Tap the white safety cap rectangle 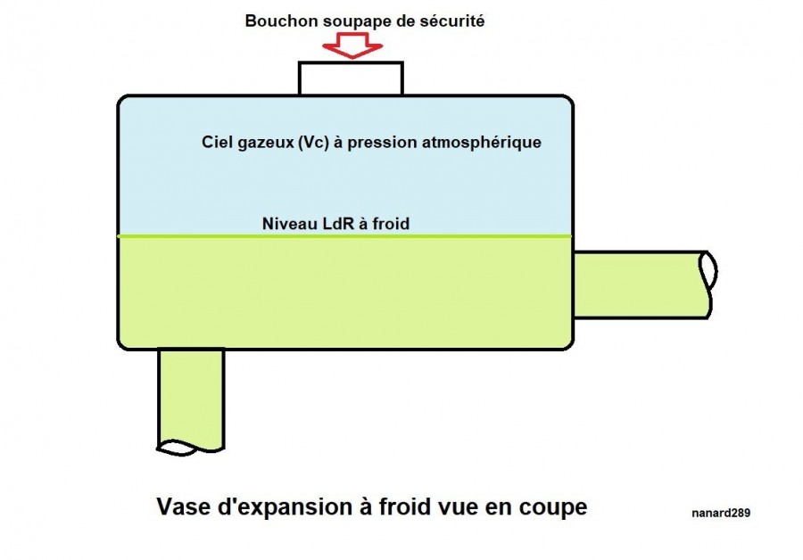coord(350,78)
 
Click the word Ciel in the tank coord(218,142)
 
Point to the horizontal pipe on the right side coord(638,284)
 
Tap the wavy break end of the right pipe coord(708,284)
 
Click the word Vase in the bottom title coord(181,507)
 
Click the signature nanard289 coord(720,513)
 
